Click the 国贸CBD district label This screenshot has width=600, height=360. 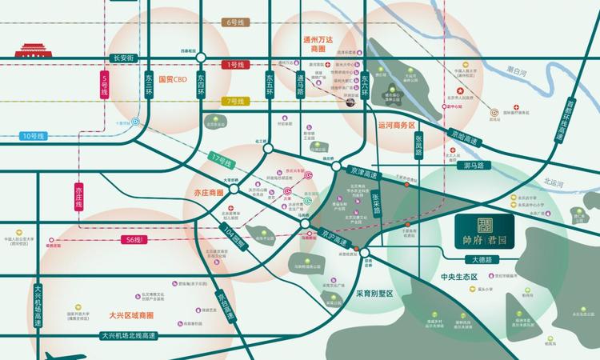(x=172, y=79)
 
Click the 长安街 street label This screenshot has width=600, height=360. (x=127, y=58)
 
